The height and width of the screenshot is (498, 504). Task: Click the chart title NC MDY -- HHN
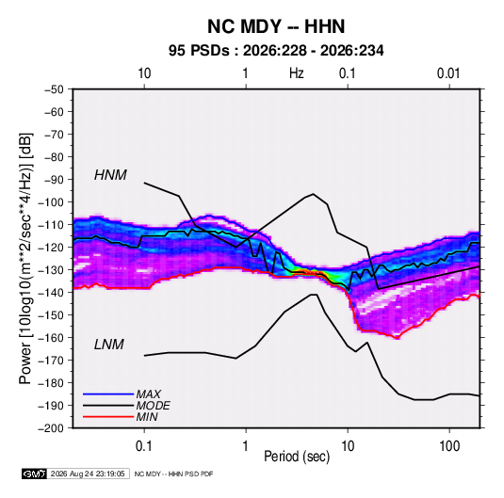click(x=276, y=26)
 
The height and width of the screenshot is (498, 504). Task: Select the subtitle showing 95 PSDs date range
click(x=276, y=51)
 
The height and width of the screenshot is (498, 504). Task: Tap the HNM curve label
click(x=110, y=175)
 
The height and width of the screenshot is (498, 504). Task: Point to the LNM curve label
click(x=109, y=345)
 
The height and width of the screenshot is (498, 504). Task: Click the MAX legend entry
click(x=149, y=394)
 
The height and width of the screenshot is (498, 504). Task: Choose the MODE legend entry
click(x=153, y=406)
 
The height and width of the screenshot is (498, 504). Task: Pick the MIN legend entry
click(x=147, y=417)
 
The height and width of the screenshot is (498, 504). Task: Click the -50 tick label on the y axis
click(x=54, y=89)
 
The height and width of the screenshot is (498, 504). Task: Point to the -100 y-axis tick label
click(x=51, y=202)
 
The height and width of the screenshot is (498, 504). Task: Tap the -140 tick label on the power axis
click(x=51, y=293)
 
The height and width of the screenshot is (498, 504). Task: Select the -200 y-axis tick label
click(x=51, y=428)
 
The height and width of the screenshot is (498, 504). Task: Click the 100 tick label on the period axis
click(x=449, y=446)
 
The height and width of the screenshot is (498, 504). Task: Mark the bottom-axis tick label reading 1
click(x=246, y=446)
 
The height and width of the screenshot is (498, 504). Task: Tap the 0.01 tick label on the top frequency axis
click(x=448, y=73)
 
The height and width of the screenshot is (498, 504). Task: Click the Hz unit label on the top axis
click(x=297, y=73)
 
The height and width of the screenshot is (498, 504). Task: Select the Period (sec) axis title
click(x=297, y=457)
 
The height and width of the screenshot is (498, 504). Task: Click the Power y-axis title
click(x=25, y=259)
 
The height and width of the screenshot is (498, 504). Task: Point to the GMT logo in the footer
click(x=35, y=474)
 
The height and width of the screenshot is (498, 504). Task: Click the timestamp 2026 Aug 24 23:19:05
click(x=88, y=474)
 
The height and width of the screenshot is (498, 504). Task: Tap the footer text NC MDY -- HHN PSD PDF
click(x=173, y=474)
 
